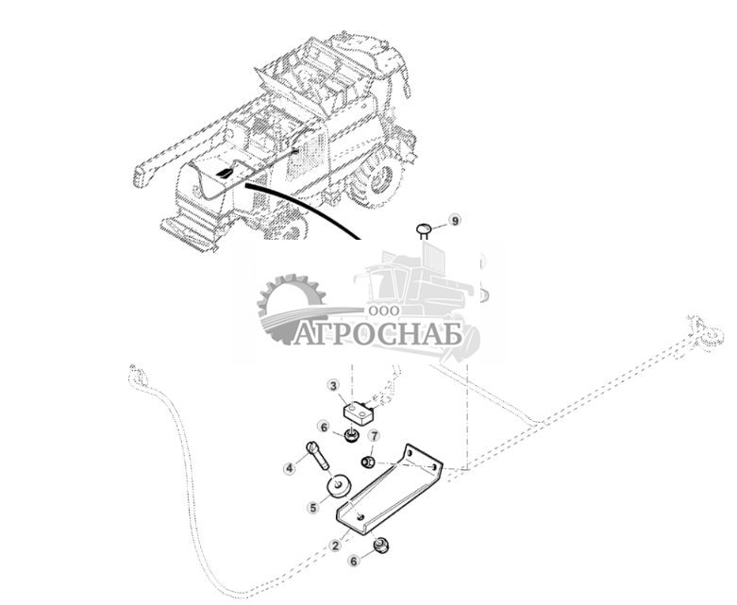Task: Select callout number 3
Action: click(x=333, y=385)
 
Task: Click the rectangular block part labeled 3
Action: click(x=361, y=412)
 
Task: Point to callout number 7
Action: click(x=374, y=435)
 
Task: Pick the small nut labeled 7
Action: click(x=369, y=462)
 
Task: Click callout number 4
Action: click(x=290, y=467)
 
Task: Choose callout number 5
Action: click(x=312, y=507)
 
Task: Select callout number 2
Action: click(x=333, y=546)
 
